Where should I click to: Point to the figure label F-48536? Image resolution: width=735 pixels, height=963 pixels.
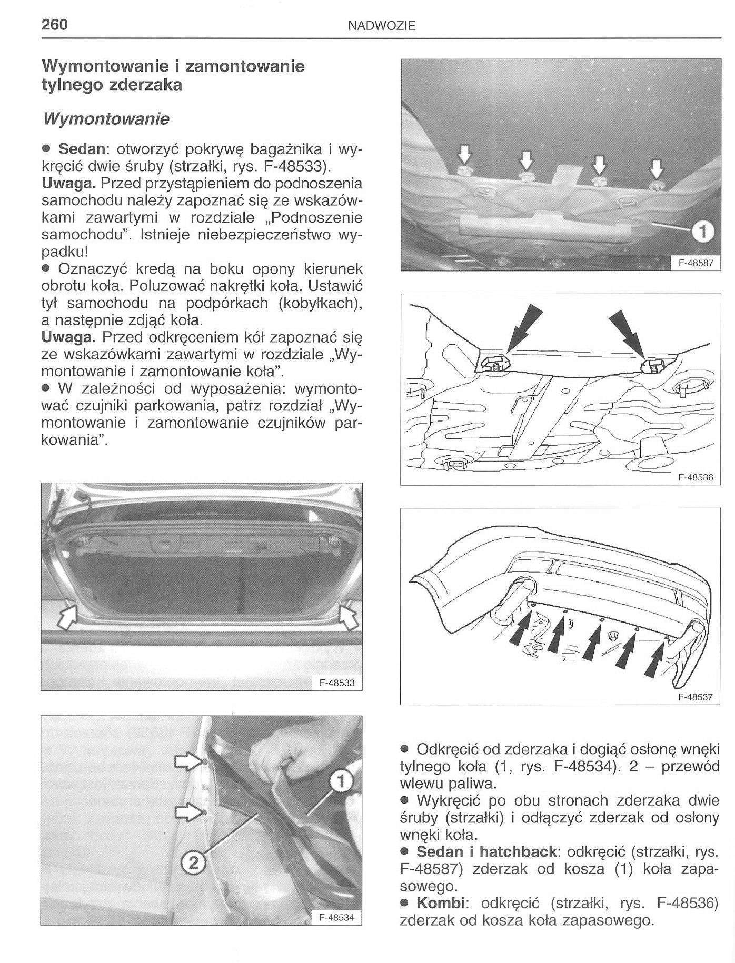[695, 478]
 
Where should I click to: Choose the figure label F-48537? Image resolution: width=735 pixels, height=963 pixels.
[695, 697]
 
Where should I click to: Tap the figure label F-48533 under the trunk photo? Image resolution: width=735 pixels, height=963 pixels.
[337, 683]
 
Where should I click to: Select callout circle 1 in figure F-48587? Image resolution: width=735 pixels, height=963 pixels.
[704, 231]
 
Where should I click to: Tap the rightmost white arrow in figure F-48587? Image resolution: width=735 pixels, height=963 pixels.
[655, 169]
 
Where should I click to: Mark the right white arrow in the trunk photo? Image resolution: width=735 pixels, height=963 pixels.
[347, 617]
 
